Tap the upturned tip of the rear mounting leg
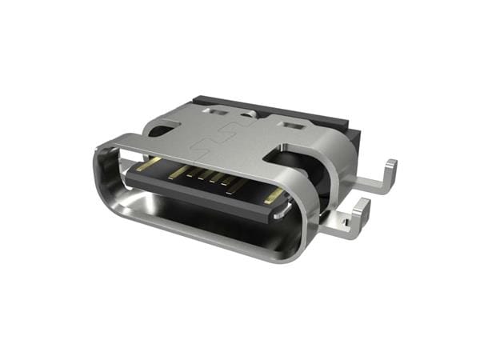pos(390,170)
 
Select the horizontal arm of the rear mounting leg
pos(368,184)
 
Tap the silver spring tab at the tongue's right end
pos(282,210)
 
